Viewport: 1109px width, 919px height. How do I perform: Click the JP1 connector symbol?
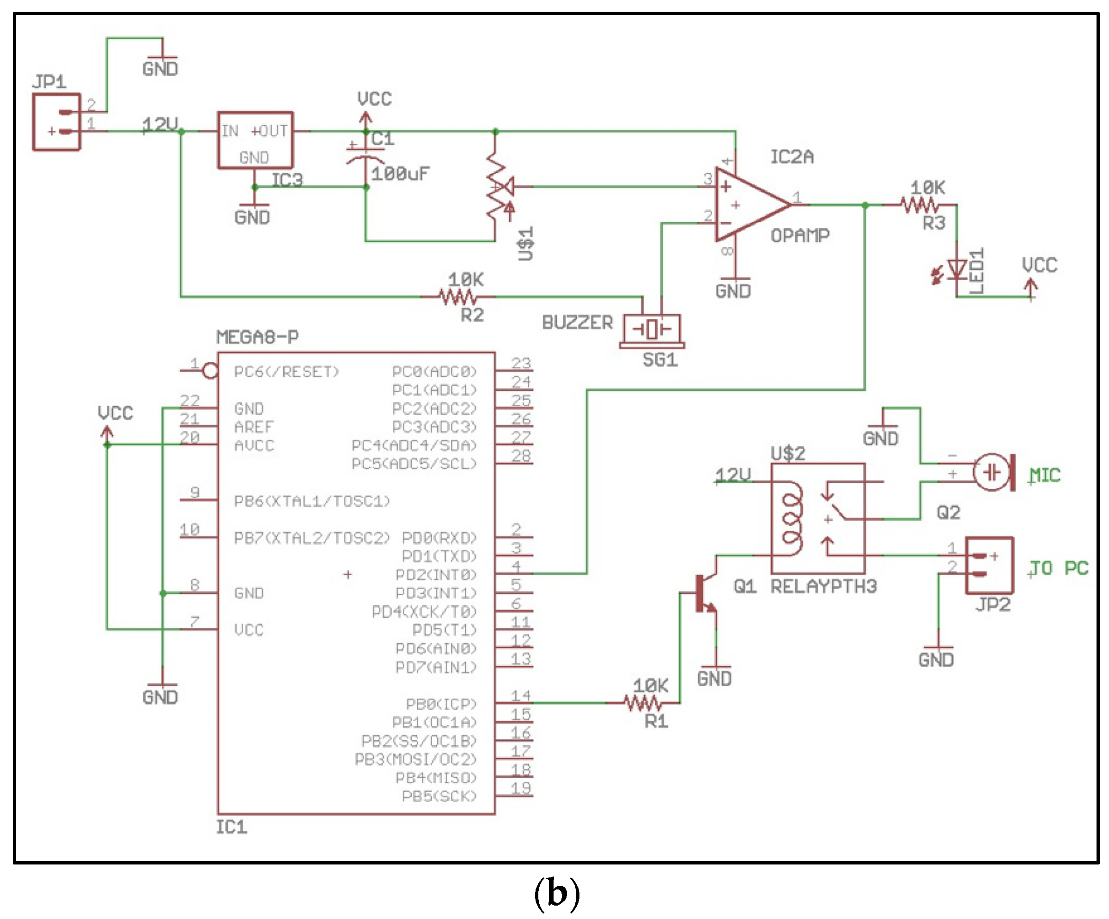pos(56,122)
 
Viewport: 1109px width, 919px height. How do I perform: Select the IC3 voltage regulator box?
pos(255,140)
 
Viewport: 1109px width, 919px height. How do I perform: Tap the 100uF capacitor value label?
pos(400,174)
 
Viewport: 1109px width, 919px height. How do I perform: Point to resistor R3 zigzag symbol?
pos(920,205)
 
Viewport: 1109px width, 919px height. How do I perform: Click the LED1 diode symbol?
pos(957,269)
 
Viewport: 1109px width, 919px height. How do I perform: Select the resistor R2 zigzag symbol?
pos(458,297)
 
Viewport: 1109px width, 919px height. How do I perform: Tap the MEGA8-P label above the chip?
pos(257,337)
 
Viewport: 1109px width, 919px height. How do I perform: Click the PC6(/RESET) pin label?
pos(286,372)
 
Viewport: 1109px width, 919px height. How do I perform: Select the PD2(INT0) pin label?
pos(436,574)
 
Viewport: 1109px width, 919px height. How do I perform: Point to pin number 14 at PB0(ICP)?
pos(520,695)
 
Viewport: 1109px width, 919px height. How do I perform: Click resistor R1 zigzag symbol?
pos(642,703)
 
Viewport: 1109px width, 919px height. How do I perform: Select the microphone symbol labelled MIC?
pos(993,472)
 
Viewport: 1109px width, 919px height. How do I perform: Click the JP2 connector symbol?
pos(988,566)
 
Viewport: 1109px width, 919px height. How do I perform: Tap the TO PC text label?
pos(1059,568)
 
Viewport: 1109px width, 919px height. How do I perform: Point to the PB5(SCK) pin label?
pos(439,796)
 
